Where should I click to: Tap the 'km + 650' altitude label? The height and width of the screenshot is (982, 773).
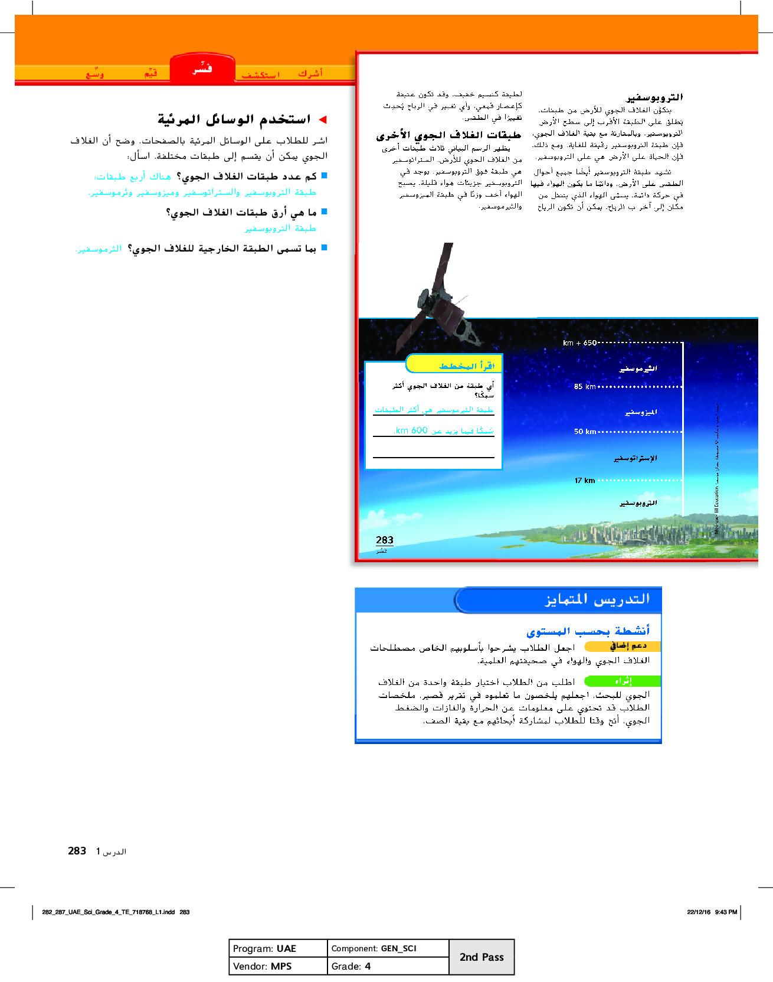tap(579, 343)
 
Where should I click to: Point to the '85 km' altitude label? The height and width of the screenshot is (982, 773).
tap(585, 387)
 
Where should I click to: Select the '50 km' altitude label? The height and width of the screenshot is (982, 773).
tap(585, 432)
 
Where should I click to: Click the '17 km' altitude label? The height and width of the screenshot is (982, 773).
tap(585, 481)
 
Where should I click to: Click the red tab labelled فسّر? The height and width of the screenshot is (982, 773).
tap(202, 70)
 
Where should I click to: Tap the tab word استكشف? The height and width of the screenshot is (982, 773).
tap(260, 74)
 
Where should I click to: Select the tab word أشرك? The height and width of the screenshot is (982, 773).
tap(310, 73)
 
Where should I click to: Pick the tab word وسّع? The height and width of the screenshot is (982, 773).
tap(94, 74)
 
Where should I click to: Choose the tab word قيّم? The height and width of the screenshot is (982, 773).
tap(151, 73)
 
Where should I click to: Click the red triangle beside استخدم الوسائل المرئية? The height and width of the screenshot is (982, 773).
tap(323, 120)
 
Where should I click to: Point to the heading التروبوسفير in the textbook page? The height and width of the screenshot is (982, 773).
tap(654, 97)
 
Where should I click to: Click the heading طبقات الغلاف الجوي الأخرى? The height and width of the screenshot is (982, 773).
tap(448, 135)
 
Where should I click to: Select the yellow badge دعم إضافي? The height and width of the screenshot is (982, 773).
tap(627, 646)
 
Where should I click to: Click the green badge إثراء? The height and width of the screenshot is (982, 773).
tap(623, 681)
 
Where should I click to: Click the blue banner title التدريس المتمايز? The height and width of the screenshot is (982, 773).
tap(597, 599)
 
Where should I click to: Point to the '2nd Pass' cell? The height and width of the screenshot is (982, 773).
tap(482, 957)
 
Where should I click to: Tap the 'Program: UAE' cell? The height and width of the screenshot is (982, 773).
tap(277, 948)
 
